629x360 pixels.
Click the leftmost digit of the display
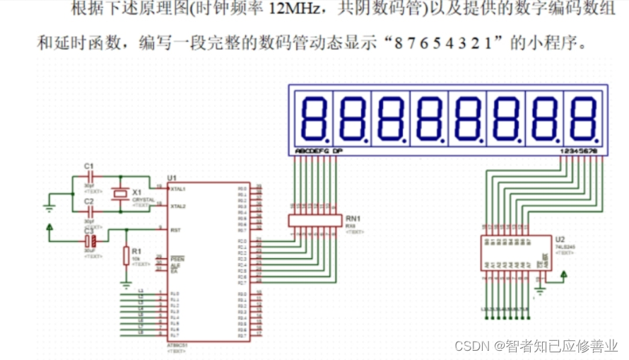pos(312,118)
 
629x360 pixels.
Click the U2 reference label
pos(560,239)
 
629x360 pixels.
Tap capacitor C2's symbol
pos(90,210)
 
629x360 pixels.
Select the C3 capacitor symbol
pos(90,240)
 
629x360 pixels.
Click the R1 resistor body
pos(127,255)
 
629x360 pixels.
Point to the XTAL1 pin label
pos(177,189)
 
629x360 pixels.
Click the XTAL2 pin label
pos(177,206)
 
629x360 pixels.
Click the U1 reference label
pos(171,178)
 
